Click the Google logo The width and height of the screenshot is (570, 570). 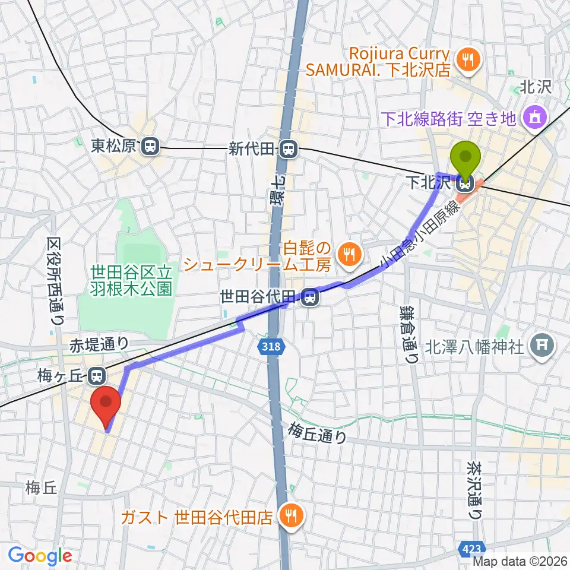click(x=40, y=556)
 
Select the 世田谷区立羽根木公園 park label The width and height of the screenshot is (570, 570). click(x=131, y=280)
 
